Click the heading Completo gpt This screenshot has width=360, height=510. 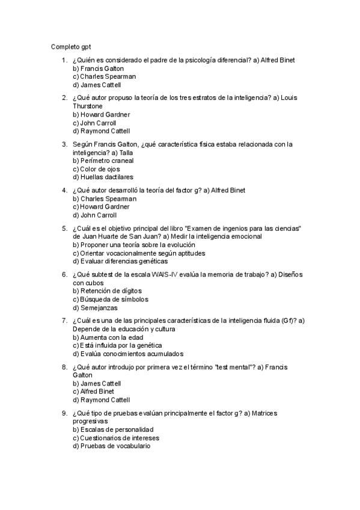tap(71, 46)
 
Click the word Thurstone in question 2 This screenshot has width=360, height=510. tap(88, 106)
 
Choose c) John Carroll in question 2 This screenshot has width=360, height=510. tap(94, 123)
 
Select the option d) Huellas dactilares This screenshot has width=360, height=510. tap(103, 177)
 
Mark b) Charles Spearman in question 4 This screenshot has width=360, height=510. tap(104, 198)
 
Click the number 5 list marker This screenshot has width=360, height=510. tap(64, 229)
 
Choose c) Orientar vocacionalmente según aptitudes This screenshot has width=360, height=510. tap(139, 253)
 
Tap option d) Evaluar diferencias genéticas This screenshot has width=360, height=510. tap(120, 262)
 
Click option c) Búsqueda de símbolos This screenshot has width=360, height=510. tap(110, 300)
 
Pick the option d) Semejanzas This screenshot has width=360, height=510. tap(91, 308)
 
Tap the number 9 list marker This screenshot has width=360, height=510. tap(64, 413)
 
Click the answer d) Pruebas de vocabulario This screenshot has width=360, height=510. tap(112, 446)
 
